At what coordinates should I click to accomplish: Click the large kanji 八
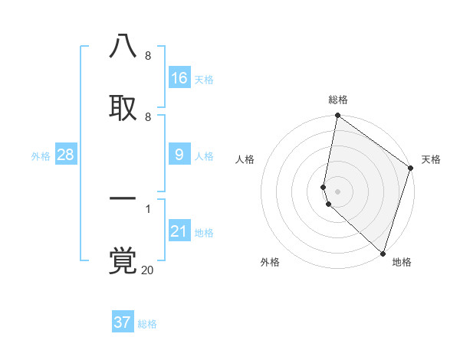[123, 47]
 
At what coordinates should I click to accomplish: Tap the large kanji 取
[123, 108]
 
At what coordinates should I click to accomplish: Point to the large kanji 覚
[123, 260]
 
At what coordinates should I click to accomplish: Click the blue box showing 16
[179, 78]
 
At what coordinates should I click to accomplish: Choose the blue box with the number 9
[179, 155]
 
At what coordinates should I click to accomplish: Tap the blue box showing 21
[179, 231]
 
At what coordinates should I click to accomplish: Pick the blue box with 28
[66, 155]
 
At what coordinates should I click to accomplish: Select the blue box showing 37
[123, 322]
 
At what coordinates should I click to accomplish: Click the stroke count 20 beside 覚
[147, 270]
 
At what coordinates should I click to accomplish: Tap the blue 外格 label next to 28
[41, 156]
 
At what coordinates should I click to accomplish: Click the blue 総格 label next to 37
[147, 324]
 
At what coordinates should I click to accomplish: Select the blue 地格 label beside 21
[204, 233]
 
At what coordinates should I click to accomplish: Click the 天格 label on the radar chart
[431, 159]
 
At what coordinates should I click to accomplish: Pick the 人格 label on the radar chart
[245, 159]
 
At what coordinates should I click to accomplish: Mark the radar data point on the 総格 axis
[337, 116]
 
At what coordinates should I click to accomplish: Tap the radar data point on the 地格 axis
[383, 253]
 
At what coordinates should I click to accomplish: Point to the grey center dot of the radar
[337, 191]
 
